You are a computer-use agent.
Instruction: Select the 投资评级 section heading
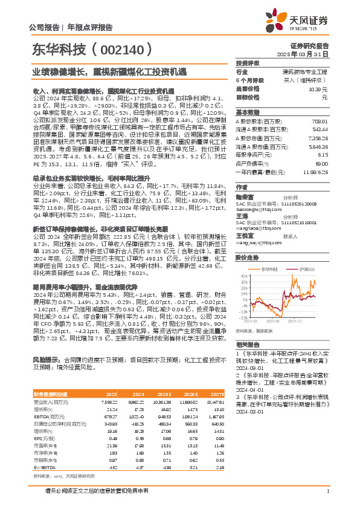tap(247, 63)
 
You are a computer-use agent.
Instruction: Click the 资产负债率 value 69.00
tap(322, 163)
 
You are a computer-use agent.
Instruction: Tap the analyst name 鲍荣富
tap(243, 196)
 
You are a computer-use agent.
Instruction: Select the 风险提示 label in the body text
tap(44, 359)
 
